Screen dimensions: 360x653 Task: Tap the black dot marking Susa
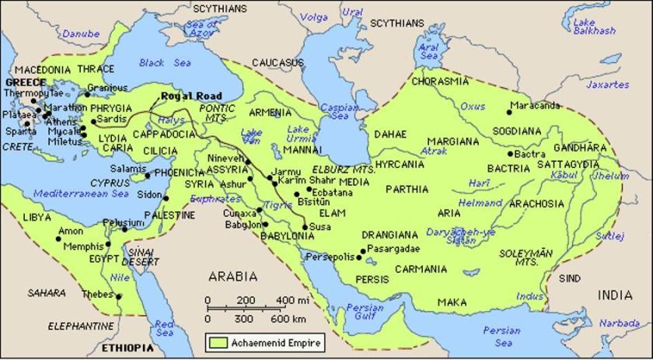(x=304, y=227)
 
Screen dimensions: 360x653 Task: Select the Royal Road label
(x=187, y=96)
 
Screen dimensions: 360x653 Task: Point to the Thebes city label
(x=98, y=294)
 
